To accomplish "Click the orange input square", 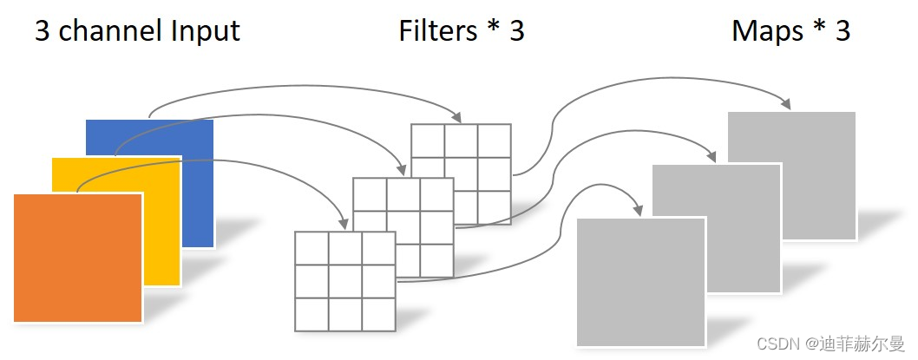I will point(77,258).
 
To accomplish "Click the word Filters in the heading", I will point(438,31).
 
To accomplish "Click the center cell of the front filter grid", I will point(345,281).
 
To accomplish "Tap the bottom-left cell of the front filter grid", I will point(311,314).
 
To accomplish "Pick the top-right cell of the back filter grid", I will point(494,140).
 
